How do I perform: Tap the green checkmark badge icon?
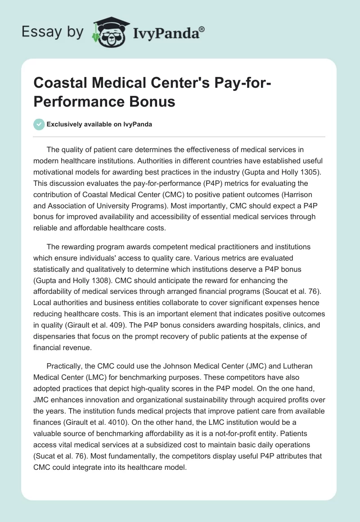point(39,124)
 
